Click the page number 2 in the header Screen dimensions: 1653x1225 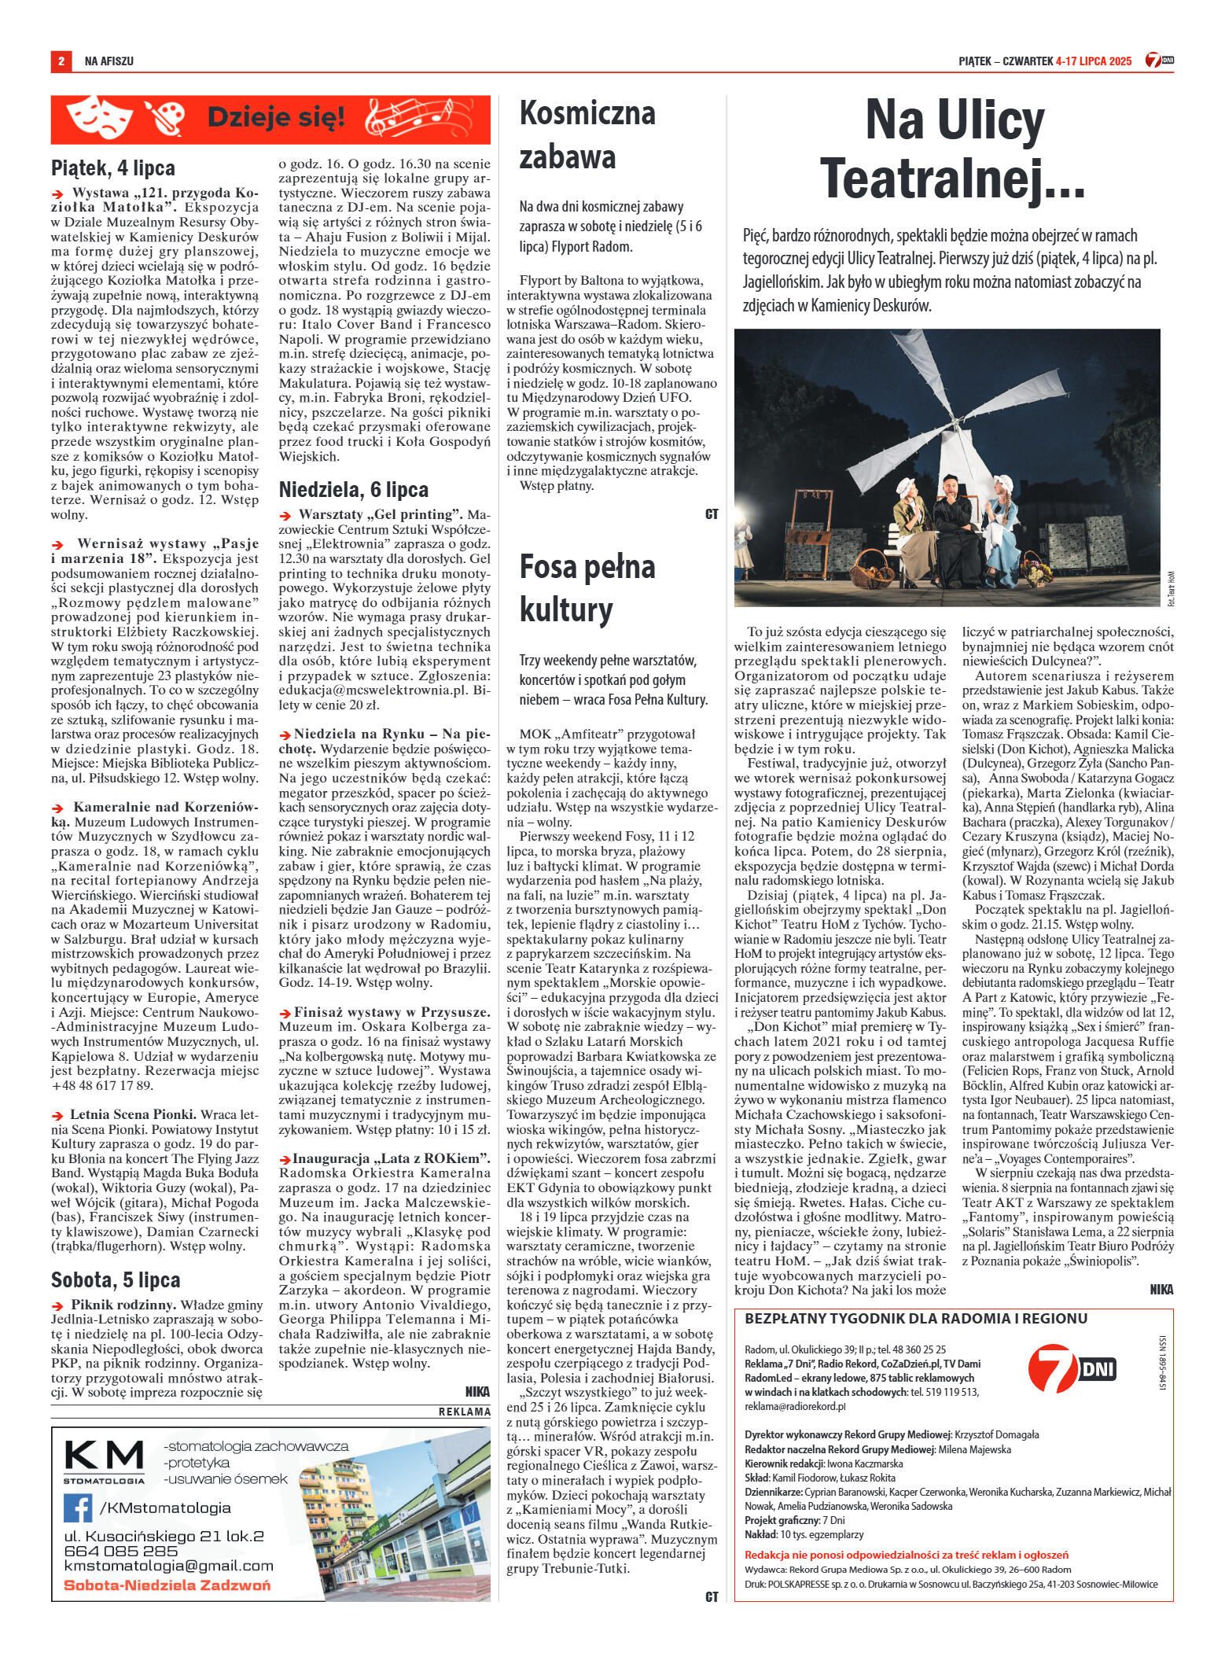[x=61, y=61]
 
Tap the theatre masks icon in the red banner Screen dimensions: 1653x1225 [x=99, y=118]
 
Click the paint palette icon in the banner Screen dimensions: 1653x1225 [x=164, y=119]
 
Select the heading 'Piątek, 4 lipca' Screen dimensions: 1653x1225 [x=113, y=168]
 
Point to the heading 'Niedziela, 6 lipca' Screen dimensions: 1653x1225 [x=353, y=490]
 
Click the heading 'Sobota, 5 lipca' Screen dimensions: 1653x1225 [x=116, y=1280]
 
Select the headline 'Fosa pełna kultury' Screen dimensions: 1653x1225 [x=587, y=588]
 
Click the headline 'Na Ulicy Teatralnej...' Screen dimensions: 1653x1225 [x=953, y=149]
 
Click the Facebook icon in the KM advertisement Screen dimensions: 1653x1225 [x=78, y=1508]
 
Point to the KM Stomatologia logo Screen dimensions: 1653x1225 [x=104, y=1461]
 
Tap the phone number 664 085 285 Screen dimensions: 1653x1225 [x=121, y=1551]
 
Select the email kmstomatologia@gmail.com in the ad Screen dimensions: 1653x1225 [x=168, y=1566]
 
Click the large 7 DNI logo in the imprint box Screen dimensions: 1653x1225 [x=1071, y=1369]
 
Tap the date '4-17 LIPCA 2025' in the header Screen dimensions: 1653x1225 [x=1094, y=61]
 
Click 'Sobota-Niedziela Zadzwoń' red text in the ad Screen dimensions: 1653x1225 [x=167, y=1585]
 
